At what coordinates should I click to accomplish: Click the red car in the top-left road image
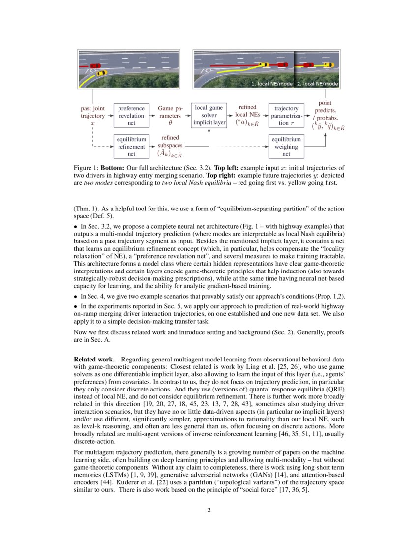tap(95, 65)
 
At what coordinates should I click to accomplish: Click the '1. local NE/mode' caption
tap(271, 84)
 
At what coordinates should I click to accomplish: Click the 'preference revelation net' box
tap(131, 116)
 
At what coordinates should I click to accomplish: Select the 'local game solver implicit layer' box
tap(209, 115)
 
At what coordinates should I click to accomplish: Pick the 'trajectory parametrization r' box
tap(286, 116)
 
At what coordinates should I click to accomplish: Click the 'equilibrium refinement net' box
tap(131, 147)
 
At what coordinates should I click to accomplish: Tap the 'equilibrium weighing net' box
tap(286, 147)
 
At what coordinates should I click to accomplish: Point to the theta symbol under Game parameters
tap(170, 123)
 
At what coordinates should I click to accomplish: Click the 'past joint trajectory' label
tap(93, 112)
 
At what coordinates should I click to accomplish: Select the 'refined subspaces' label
tap(170, 142)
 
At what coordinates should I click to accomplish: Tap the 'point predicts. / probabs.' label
tap(325, 111)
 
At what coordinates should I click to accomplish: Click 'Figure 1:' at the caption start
tap(86, 168)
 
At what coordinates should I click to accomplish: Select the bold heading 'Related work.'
tap(94, 359)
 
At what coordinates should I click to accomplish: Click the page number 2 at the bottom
tap(209, 510)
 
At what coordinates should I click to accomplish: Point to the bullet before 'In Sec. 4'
tap(76, 297)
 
